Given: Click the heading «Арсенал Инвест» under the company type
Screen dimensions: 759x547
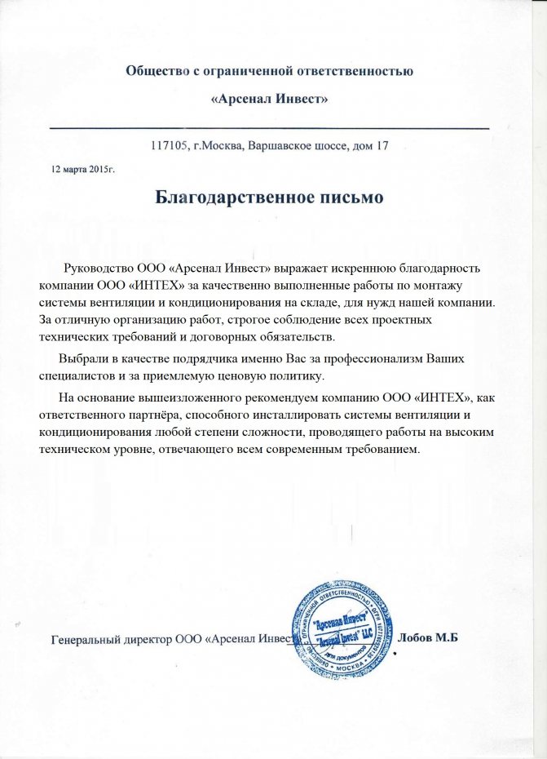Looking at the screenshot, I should pos(270,100).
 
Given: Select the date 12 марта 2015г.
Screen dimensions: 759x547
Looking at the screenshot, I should pos(83,169).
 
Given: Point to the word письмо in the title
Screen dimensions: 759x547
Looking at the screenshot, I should pos(346,198).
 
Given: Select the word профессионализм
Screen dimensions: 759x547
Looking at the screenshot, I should pos(379,360).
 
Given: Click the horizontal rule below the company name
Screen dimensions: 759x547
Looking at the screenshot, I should pos(270,128).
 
